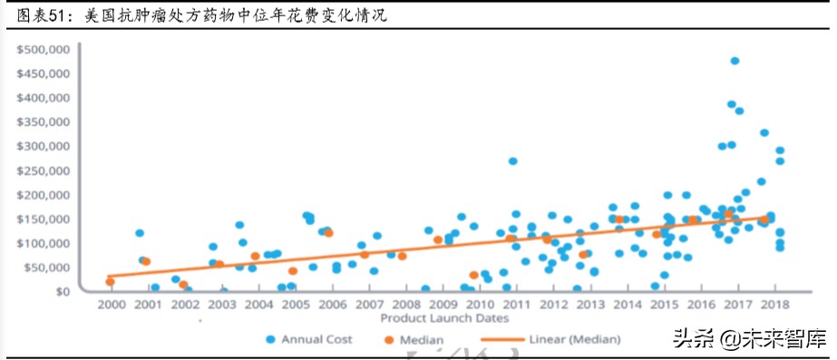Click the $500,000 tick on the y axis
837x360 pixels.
point(44,48)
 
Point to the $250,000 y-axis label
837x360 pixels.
point(44,170)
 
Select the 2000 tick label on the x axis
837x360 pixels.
point(111,305)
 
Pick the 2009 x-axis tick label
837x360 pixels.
point(443,305)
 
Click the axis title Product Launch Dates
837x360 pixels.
point(443,318)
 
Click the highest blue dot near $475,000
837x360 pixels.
point(735,61)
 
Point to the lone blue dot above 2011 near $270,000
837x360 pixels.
point(512,161)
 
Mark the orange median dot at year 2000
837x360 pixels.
point(111,282)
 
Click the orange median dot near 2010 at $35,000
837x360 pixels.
point(473,275)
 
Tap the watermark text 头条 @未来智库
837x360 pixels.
point(749,340)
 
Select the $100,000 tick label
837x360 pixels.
point(44,243)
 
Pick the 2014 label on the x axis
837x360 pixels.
point(629,305)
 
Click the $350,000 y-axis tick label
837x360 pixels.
point(44,122)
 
